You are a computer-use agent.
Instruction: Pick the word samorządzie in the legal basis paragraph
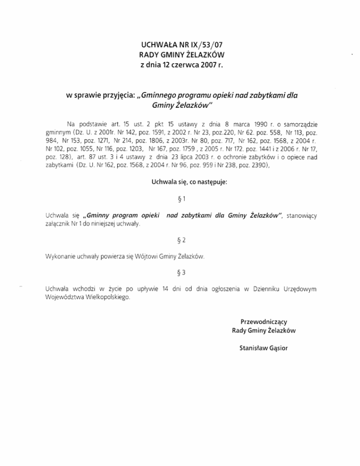pos(301,124)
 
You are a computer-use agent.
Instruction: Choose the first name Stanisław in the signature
pos(252,348)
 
